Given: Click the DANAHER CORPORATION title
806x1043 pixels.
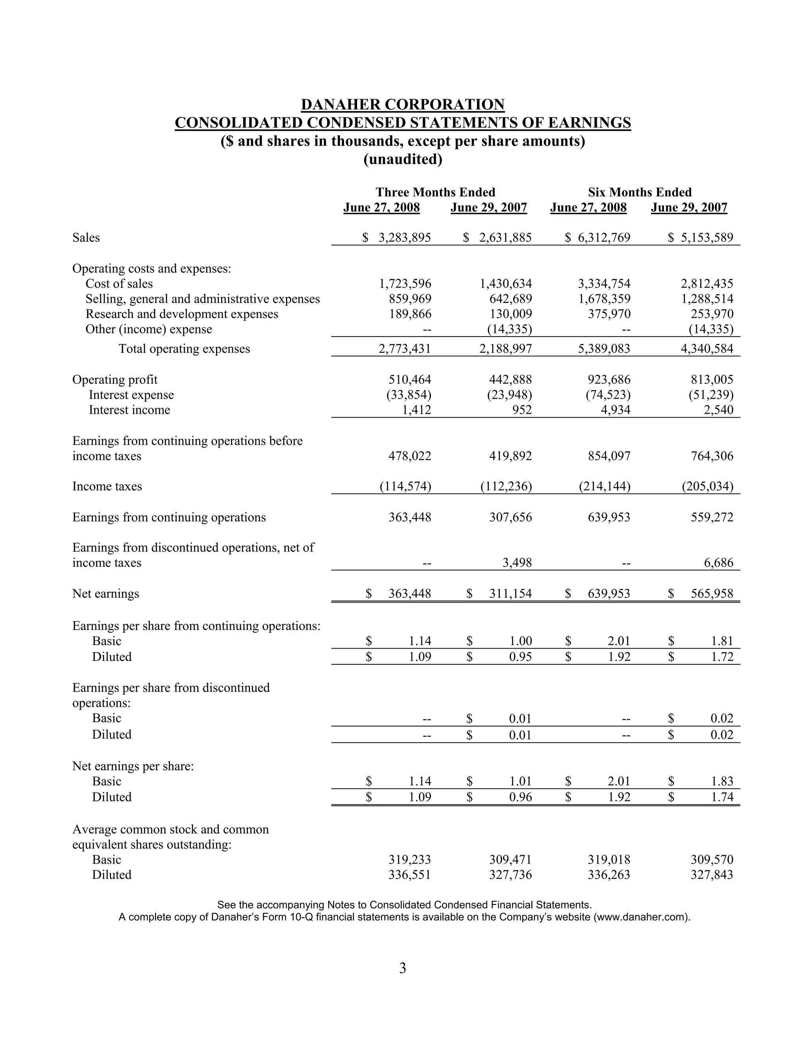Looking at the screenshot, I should pyautogui.click(x=403, y=105).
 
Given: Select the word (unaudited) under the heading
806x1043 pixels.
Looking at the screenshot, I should pyautogui.click(x=403, y=159).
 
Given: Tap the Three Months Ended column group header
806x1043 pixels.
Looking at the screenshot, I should pyautogui.click(x=435, y=192).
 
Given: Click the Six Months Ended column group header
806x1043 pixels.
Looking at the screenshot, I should pyautogui.click(x=640, y=192).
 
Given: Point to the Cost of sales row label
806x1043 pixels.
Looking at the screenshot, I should pyautogui.click(x=119, y=284).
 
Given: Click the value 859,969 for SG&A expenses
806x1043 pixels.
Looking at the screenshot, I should pyautogui.click(x=410, y=299).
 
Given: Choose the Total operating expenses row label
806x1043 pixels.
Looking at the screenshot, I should pyautogui.click(x=184, y=349).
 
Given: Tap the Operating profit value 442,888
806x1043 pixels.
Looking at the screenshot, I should pyautogui.click(x=510, y=380).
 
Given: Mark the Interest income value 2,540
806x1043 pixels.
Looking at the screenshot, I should pyautogui.click(x=718, y=410).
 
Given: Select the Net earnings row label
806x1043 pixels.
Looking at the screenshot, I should pyautogui.click(x=105, y=594).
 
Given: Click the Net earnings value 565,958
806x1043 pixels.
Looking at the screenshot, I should pyautogui.click(x=712, y=594).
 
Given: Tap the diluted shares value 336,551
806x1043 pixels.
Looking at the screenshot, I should pyautogui.click(x=410, y=875).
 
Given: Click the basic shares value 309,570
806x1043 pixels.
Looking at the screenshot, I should pyautogui.click(x=712, y=860).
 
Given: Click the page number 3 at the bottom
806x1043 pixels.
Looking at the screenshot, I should pyautogui.click(x=403, y=968).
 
